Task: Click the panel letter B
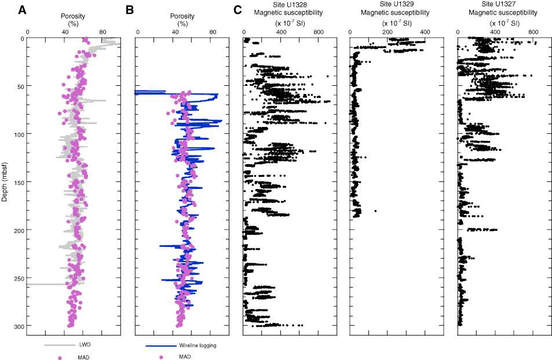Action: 130,10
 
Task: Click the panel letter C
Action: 237,10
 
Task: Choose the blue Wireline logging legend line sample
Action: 160,346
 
